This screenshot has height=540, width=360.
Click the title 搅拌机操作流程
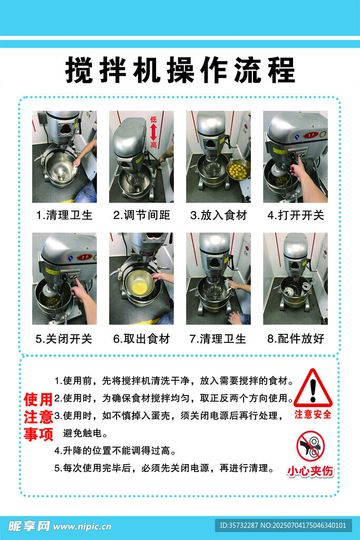(x=180, y=70)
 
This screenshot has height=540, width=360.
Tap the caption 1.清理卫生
(x=64, y=215)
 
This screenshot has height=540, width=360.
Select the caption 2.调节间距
(x=141, y=215)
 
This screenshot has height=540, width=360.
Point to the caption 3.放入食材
(x=219, y=215)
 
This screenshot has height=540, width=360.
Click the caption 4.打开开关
(x=296, y=215)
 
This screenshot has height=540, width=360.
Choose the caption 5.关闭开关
(x=64, y=339)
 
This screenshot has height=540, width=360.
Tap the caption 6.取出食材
(x=141, y=339)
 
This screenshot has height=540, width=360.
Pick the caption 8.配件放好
(x=296, y=339)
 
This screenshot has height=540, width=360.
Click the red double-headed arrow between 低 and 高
(x=153, y=132)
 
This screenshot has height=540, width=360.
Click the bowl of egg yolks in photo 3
(x=238, y=168)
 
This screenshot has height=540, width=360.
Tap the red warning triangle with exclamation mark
(x=313, y=388)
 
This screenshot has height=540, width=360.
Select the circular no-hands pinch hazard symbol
(x=311, y=446)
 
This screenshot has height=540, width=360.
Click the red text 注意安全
(x=313, y=414)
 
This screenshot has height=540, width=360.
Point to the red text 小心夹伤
(x=310, y=471)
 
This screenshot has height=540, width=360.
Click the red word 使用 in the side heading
(x=38, y=400)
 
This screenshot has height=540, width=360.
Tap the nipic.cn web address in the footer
(x=82, y=526)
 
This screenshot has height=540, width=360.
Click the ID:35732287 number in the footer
(x=239, y=526)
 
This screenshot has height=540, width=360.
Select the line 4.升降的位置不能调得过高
(x=115, y=450)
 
